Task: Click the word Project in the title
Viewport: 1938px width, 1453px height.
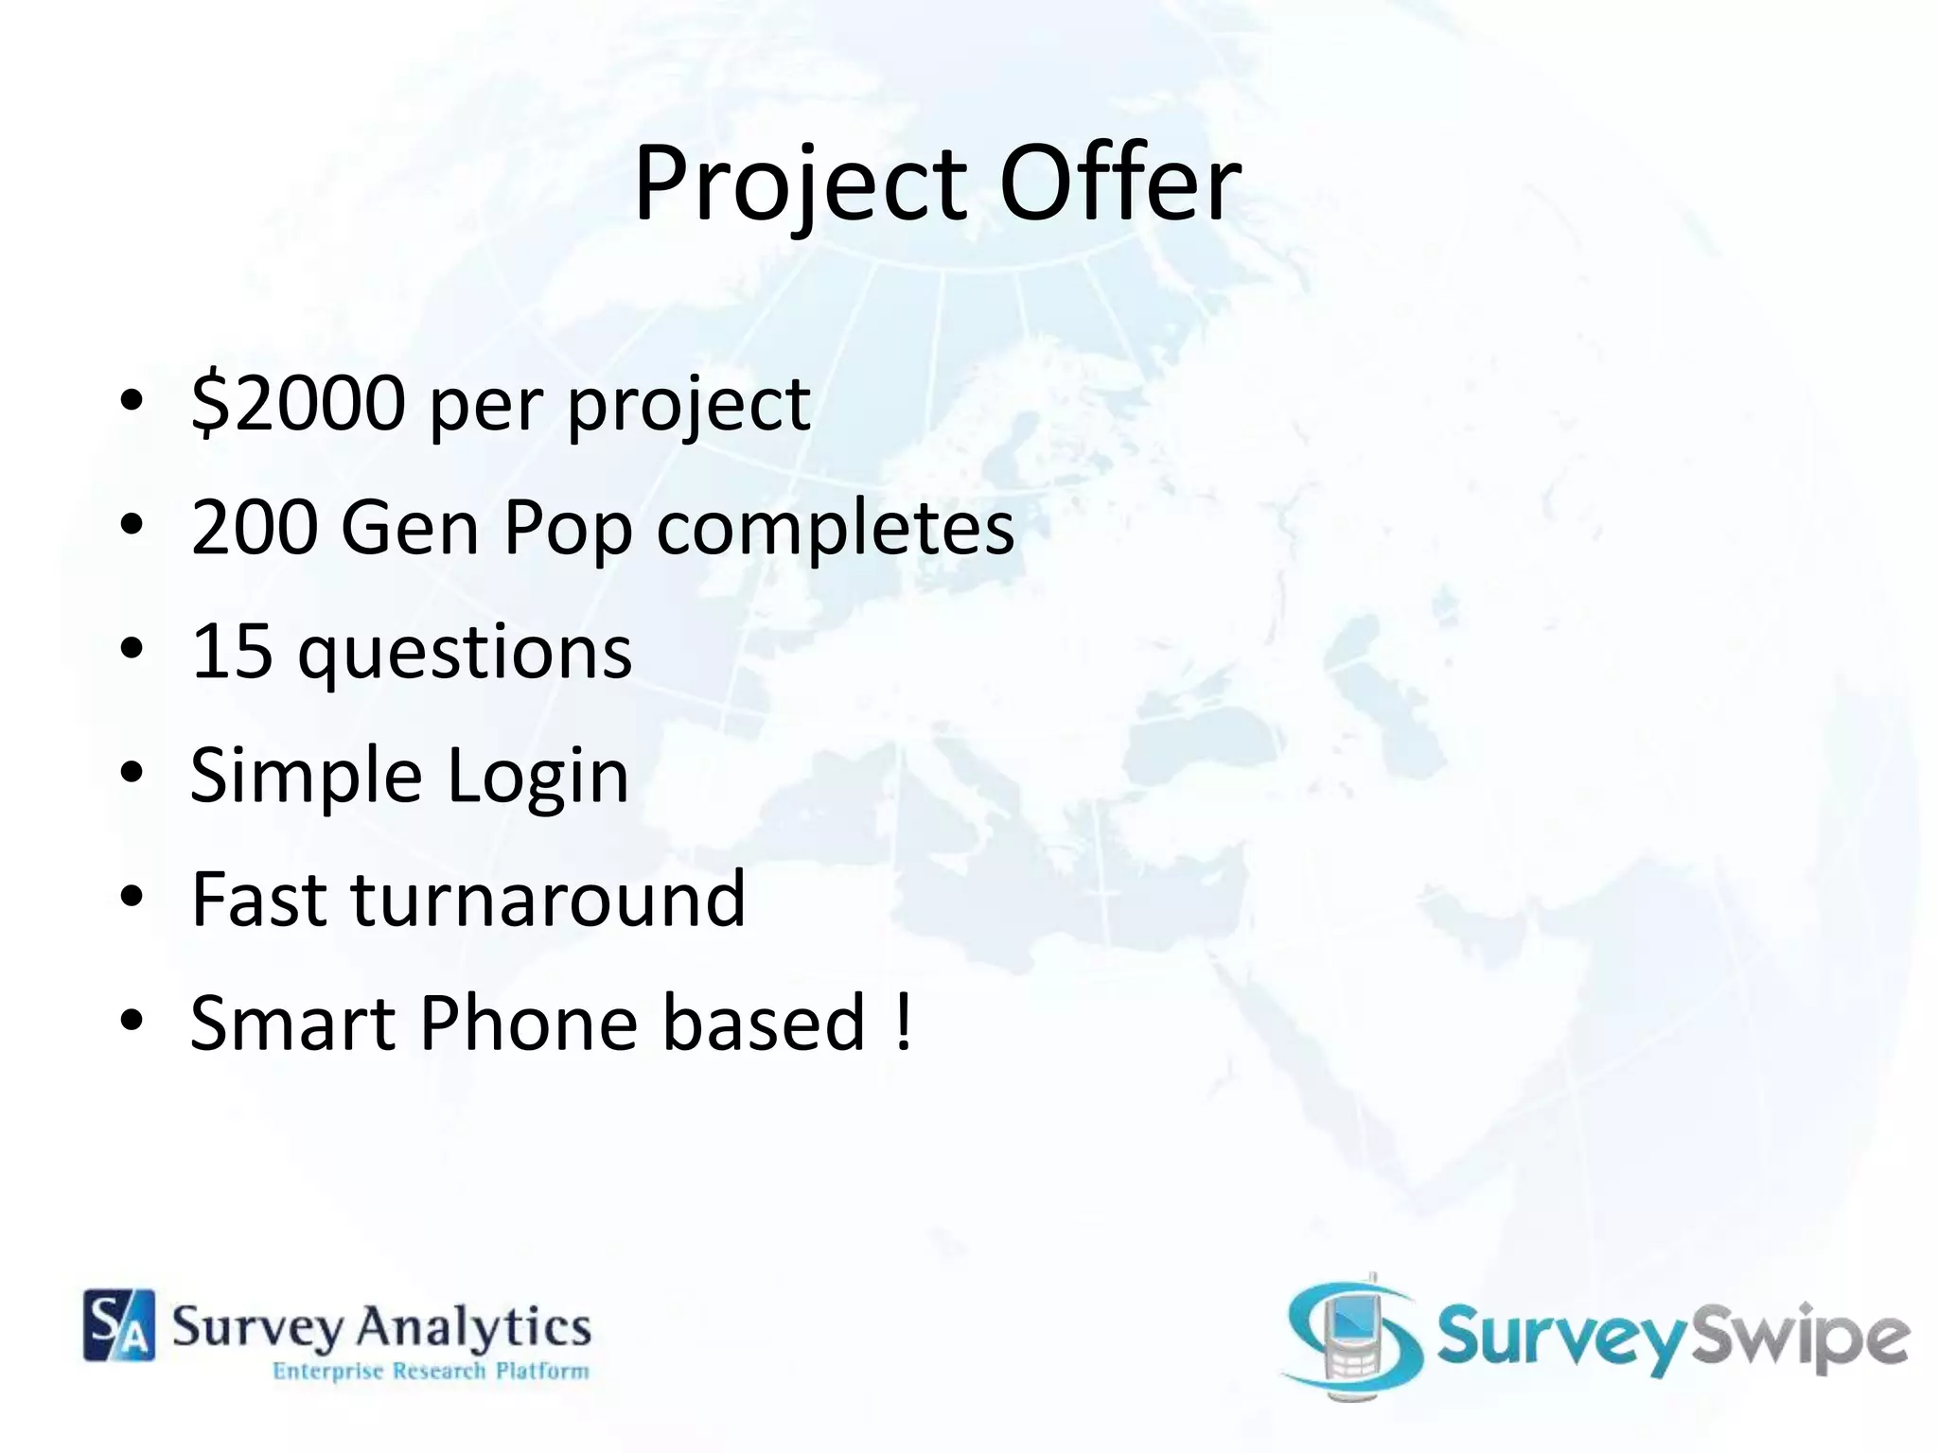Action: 801,184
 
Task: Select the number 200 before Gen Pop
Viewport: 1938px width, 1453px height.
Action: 254,527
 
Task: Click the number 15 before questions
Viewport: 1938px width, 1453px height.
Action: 233,652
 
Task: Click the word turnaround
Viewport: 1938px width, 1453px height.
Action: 549,900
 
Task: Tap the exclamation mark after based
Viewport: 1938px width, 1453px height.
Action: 903,1024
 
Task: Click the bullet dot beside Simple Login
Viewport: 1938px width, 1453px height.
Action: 132,774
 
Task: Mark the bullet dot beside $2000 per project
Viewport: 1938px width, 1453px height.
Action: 132,401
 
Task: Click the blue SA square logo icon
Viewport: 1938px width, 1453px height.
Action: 119,1325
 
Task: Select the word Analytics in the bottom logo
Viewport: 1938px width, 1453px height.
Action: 472,1326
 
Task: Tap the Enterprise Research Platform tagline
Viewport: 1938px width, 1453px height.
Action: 431,1371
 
